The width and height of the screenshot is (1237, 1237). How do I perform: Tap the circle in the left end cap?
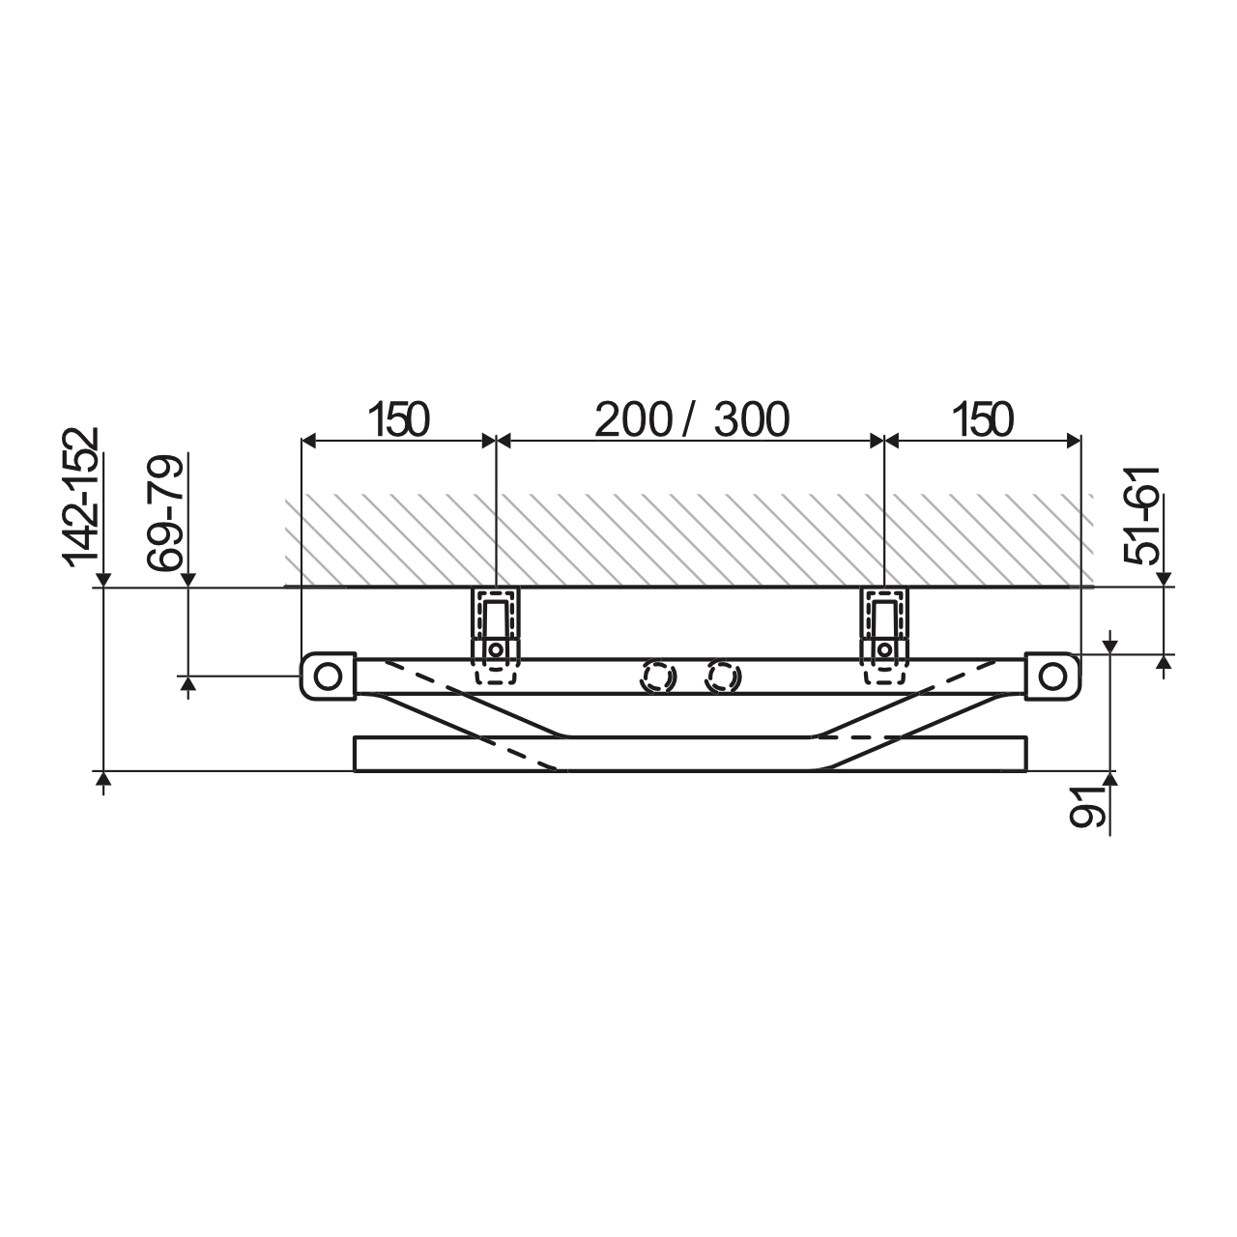point(329,676)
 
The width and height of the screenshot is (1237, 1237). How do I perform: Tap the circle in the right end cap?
point(1051,676)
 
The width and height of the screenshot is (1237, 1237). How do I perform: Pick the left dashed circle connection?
point(656,676)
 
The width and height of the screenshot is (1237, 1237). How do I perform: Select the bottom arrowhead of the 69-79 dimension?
point(188,684)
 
